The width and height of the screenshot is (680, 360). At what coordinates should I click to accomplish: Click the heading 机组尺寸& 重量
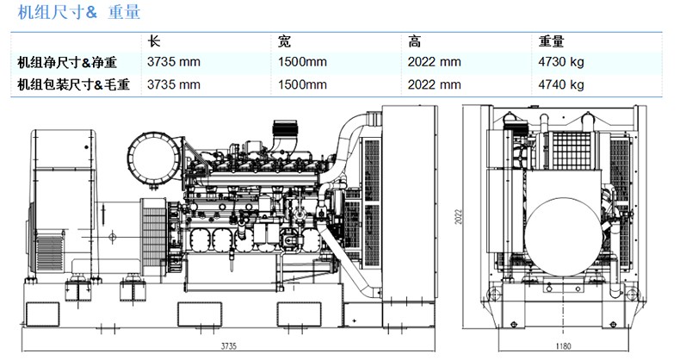(x=79, y=12)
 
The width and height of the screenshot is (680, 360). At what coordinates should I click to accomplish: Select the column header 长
(x=154, y=41)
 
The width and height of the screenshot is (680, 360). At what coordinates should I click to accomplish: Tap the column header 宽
(x=285, y=41)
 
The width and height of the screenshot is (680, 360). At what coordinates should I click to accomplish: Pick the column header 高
(x=414, y=41)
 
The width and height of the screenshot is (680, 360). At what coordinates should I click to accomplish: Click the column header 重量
(x=551, y=41)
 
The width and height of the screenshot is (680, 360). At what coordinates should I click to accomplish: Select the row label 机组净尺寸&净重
(x=67, y=63)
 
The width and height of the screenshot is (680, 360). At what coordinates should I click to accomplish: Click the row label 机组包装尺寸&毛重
(x=74, y=84)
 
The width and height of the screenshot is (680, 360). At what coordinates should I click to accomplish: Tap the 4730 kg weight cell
(x=561, y=62)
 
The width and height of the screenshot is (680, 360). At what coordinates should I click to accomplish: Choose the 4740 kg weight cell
(x=561, y=84)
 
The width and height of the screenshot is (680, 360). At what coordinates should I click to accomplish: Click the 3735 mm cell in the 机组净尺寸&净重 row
(x=174, y=62)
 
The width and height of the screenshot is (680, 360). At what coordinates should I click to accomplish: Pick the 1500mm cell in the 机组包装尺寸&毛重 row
(x=302, y=84)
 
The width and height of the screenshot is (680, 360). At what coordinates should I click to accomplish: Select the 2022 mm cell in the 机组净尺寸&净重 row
(x=434, y=62)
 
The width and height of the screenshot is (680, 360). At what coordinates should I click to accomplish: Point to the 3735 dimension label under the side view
(x=229, y=345)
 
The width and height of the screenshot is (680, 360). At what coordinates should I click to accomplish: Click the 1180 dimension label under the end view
(x=563, y=345)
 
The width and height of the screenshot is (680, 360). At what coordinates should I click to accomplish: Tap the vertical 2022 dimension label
(x=459, y=217)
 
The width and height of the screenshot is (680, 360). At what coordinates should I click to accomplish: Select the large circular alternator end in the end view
(x=563, y=237)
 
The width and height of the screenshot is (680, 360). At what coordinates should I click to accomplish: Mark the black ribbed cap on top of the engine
(x=285, y=127)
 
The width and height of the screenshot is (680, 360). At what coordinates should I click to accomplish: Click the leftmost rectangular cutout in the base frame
(x=42, y=314)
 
